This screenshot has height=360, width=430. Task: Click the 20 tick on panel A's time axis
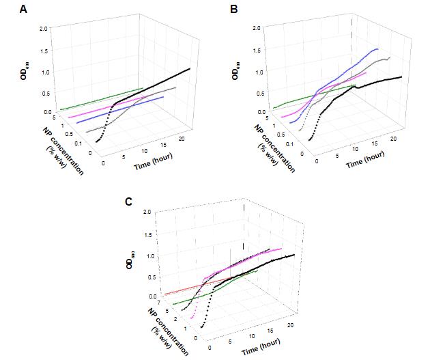pos(180,139)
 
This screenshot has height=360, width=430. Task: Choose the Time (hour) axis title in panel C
pos(266,342)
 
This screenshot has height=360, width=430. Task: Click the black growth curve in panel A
pos(157,85)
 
